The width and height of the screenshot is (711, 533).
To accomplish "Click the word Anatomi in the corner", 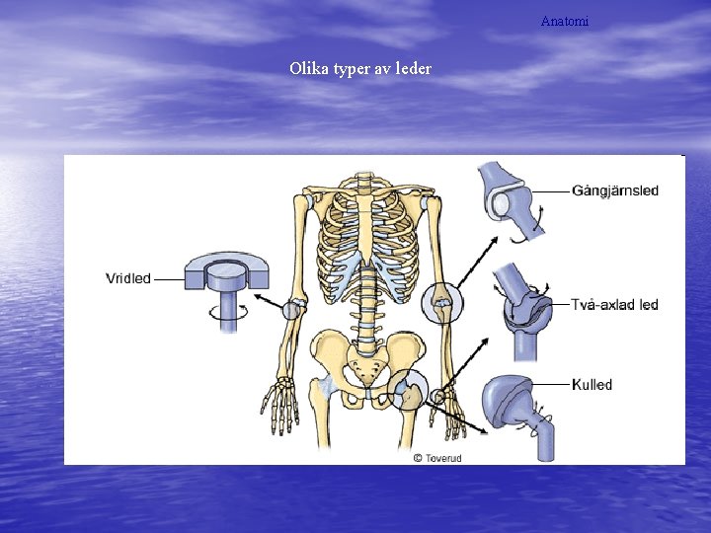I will pos(565,21).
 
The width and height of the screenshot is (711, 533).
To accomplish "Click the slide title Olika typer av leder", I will pos(360,70).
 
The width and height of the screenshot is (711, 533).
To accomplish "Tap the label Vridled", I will pos(128,278).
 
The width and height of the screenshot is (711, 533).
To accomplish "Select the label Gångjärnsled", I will pos(615,190).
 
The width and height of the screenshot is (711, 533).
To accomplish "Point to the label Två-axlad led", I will pos(614,305).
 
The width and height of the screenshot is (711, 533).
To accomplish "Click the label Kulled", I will pos(592,384).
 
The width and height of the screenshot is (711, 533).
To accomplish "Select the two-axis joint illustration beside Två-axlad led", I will pos(526,310).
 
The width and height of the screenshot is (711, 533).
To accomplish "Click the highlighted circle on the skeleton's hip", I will pos(408,392).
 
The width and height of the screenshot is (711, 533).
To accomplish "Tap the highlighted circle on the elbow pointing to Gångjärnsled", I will pos(440,301).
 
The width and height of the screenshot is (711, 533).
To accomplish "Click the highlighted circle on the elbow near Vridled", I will pos(291,309).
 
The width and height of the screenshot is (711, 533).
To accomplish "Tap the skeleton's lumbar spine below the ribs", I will pos(366,311).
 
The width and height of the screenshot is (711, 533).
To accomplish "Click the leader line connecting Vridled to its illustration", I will pos(169,279).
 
